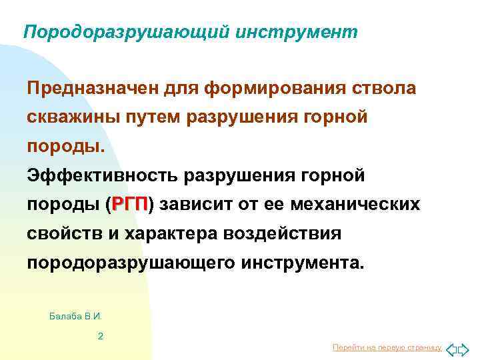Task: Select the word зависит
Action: point(193,204)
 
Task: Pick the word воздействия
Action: point(285,233)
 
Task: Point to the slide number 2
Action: point(100,336)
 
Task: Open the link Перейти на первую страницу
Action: point(387,347)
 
